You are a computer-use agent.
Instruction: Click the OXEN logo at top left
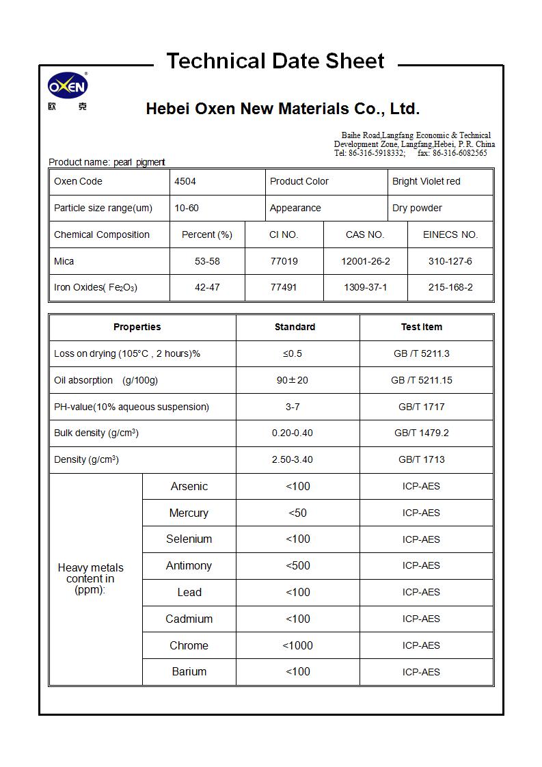68,86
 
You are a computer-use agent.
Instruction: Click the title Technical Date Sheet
275,61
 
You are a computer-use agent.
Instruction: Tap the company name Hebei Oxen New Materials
282,109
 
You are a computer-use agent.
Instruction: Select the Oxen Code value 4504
185,181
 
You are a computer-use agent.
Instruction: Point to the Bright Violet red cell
426,181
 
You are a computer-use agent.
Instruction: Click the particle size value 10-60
187,208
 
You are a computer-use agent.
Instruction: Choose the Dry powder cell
417,208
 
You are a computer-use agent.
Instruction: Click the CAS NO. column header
365,234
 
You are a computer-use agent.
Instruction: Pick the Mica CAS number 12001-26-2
366,261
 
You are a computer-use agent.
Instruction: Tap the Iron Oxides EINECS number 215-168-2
450,287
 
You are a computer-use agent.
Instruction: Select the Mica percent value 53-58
207,261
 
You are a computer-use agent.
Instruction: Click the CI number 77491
284,287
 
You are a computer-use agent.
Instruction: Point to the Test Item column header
421,327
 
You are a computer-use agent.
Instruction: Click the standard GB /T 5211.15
421,380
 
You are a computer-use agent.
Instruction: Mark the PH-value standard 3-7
293,407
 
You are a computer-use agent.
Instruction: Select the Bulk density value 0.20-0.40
293,433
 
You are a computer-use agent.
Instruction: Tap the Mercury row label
189,513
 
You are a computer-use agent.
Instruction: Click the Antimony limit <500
298,565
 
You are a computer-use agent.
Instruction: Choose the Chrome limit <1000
298,645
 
